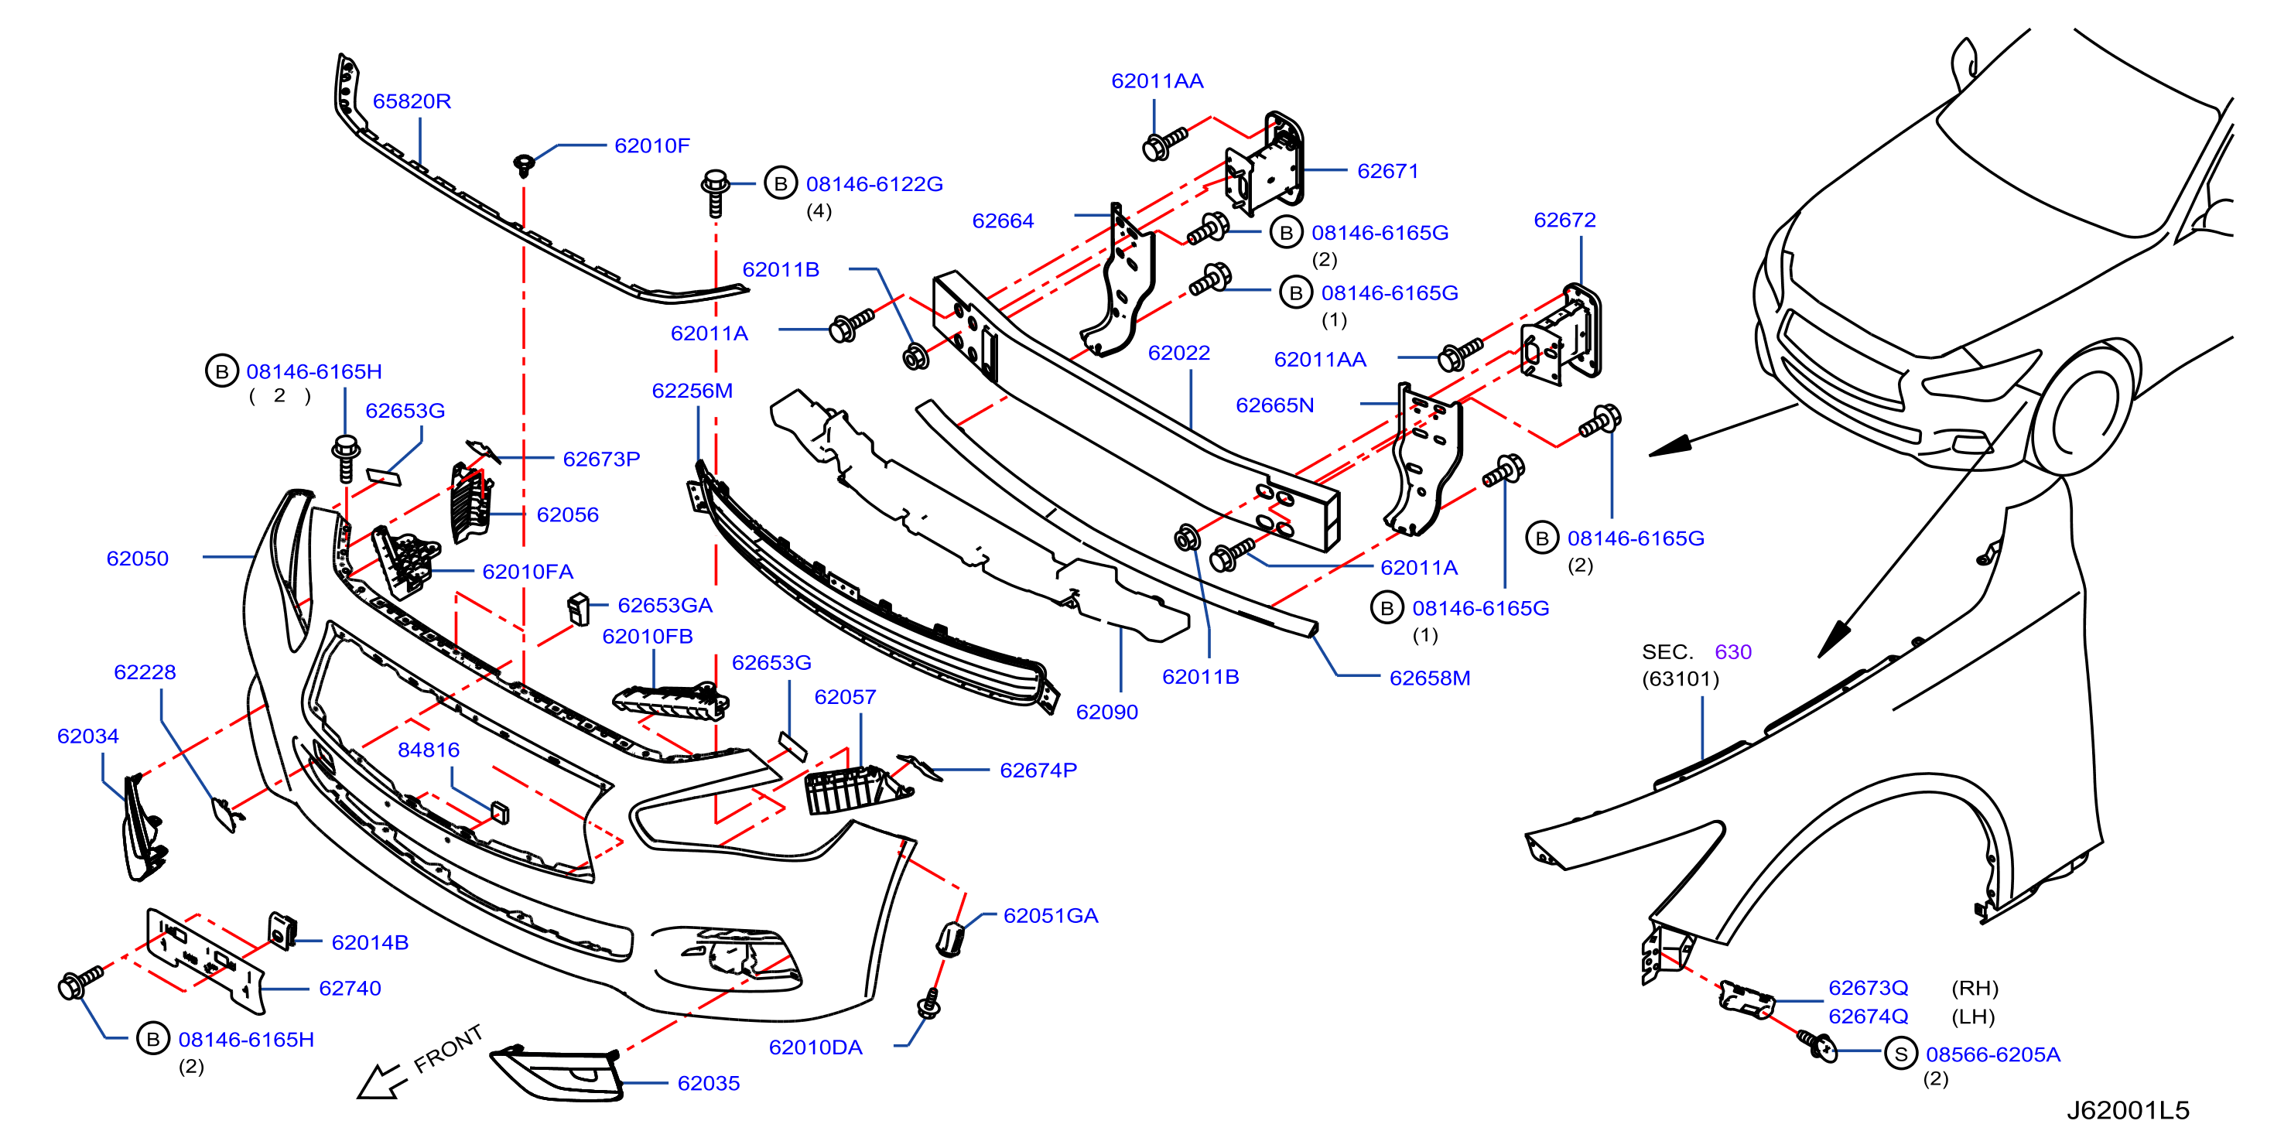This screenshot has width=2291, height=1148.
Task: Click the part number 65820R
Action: pos(412,101)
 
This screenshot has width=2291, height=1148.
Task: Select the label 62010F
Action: pos(652,146)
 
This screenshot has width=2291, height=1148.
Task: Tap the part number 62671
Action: pos(1387,171)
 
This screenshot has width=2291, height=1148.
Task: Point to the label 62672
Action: pos(1564,220)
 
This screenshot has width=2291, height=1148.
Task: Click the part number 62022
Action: pos(1178,353)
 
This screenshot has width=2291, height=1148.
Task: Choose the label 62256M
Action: pos(692,391)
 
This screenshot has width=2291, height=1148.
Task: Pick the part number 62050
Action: pos(137,559)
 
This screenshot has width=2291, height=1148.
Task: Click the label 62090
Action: pos(1106,712)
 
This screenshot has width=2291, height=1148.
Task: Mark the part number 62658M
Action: pos(1429,678)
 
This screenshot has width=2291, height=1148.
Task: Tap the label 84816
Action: pos(429,750)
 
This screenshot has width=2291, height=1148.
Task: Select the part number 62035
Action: pos(708,1084)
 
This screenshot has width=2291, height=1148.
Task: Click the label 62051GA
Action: pos(1051,916)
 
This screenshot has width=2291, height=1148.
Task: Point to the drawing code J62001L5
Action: pos(2128,1111)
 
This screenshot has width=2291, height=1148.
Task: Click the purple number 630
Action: pos(1732,652)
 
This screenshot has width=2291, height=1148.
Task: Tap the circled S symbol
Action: pos(1900,1054)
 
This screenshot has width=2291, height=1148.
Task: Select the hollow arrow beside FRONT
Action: pos(381,1081)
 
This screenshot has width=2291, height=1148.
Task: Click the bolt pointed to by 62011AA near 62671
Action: pos(1163,143)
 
